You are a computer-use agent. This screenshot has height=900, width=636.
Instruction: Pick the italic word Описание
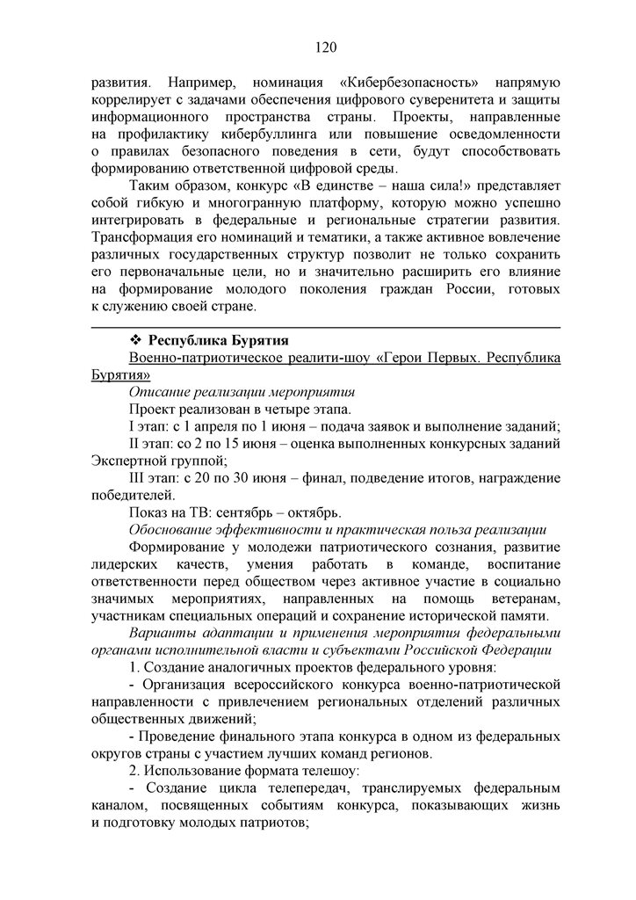[161, 392]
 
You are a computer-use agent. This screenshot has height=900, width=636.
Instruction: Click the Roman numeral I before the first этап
[132, 426]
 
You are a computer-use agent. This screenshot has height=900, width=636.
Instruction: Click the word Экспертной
[128, 461]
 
